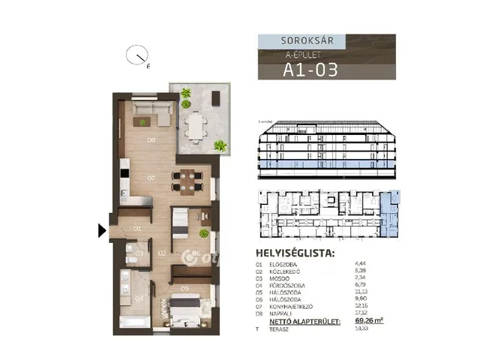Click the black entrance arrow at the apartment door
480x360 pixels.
tap(103, 231)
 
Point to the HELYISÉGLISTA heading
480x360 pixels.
tap(295, 253)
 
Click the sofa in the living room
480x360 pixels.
tap(153, 116)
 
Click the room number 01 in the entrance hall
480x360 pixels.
tap(138, 228)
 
